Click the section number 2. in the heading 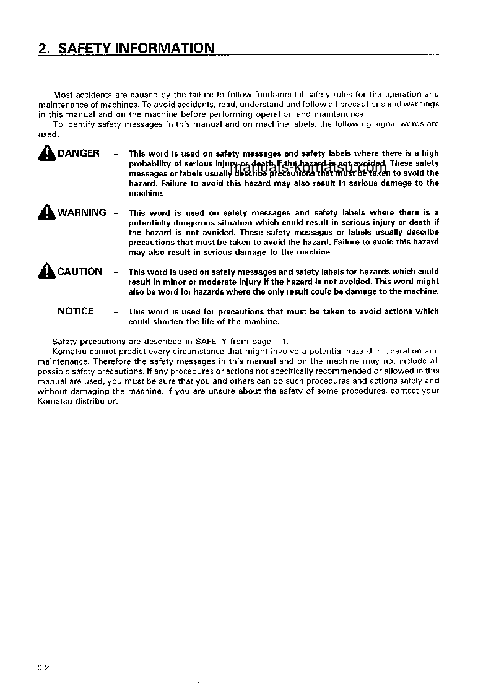coord(43,48)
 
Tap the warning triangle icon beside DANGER coord(46,153)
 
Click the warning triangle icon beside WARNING coord(46,212)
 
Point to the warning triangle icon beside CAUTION coord(46,271)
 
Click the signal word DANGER coord(79,153)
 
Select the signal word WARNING coord(82,212)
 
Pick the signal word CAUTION coord(80,271)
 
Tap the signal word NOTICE coord(76,311)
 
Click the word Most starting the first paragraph coord(63,94)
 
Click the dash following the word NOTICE coord(116,312)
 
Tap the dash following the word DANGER coord(116,153)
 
